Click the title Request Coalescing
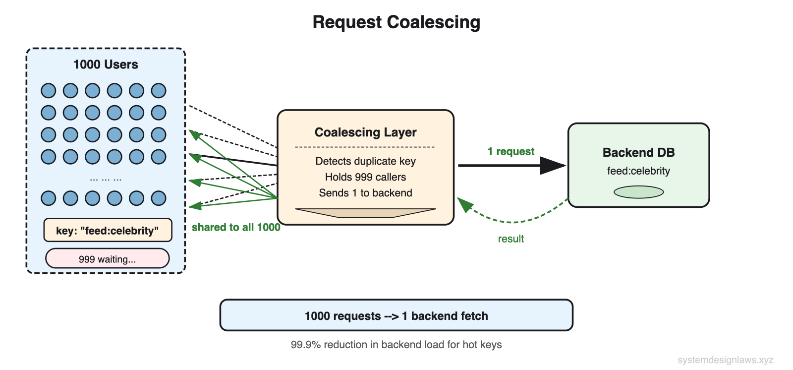(396, 22)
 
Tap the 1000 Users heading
(106, 64)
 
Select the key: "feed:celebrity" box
(108, 231)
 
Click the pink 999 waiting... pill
(107, 259)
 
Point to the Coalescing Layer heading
(365, 132)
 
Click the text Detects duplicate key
(365, 161)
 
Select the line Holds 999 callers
(365, 177)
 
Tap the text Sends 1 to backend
(365, 193)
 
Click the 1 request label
(510, 151)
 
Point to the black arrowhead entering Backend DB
(554, 166)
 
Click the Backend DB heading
(638, 152)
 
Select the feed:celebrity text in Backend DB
(638, 171)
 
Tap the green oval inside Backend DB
(638, 192)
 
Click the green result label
(510, 239)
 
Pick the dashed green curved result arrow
(515, 221)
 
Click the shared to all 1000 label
(236, 227)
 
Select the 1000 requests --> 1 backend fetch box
(396, 315)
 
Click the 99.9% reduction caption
(396, 345)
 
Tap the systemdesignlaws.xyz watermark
(725, 360)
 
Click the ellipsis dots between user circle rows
(105, 179)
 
